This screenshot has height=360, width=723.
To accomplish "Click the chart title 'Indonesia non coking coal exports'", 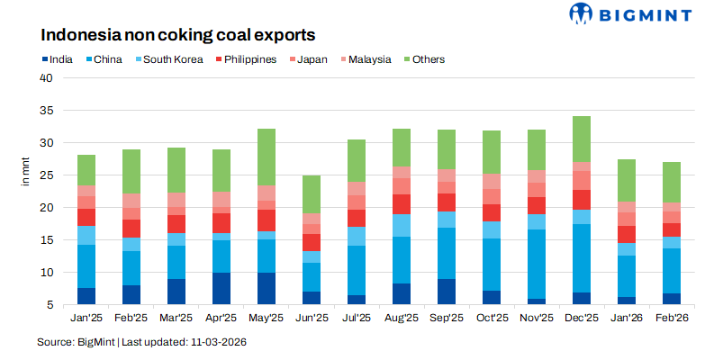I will point(177,36).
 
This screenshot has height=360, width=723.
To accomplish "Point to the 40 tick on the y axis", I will point(48,78).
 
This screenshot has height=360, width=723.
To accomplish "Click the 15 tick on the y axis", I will point(48,240).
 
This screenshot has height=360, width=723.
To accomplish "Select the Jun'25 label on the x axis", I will point(311,318).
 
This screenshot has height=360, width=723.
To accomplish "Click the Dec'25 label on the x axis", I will point(582,318).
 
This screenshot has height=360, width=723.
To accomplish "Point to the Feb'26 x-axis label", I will point(672,318).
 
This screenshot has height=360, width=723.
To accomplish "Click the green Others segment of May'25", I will point(267,157).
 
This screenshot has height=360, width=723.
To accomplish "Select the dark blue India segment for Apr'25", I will point(221,288).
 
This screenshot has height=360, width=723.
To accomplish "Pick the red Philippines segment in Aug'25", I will point(402,204).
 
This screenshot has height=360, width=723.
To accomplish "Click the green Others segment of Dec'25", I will point(582,139).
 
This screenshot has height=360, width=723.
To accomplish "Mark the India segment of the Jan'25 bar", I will point(86,296).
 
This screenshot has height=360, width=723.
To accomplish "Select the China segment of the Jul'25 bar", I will point(357,270).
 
